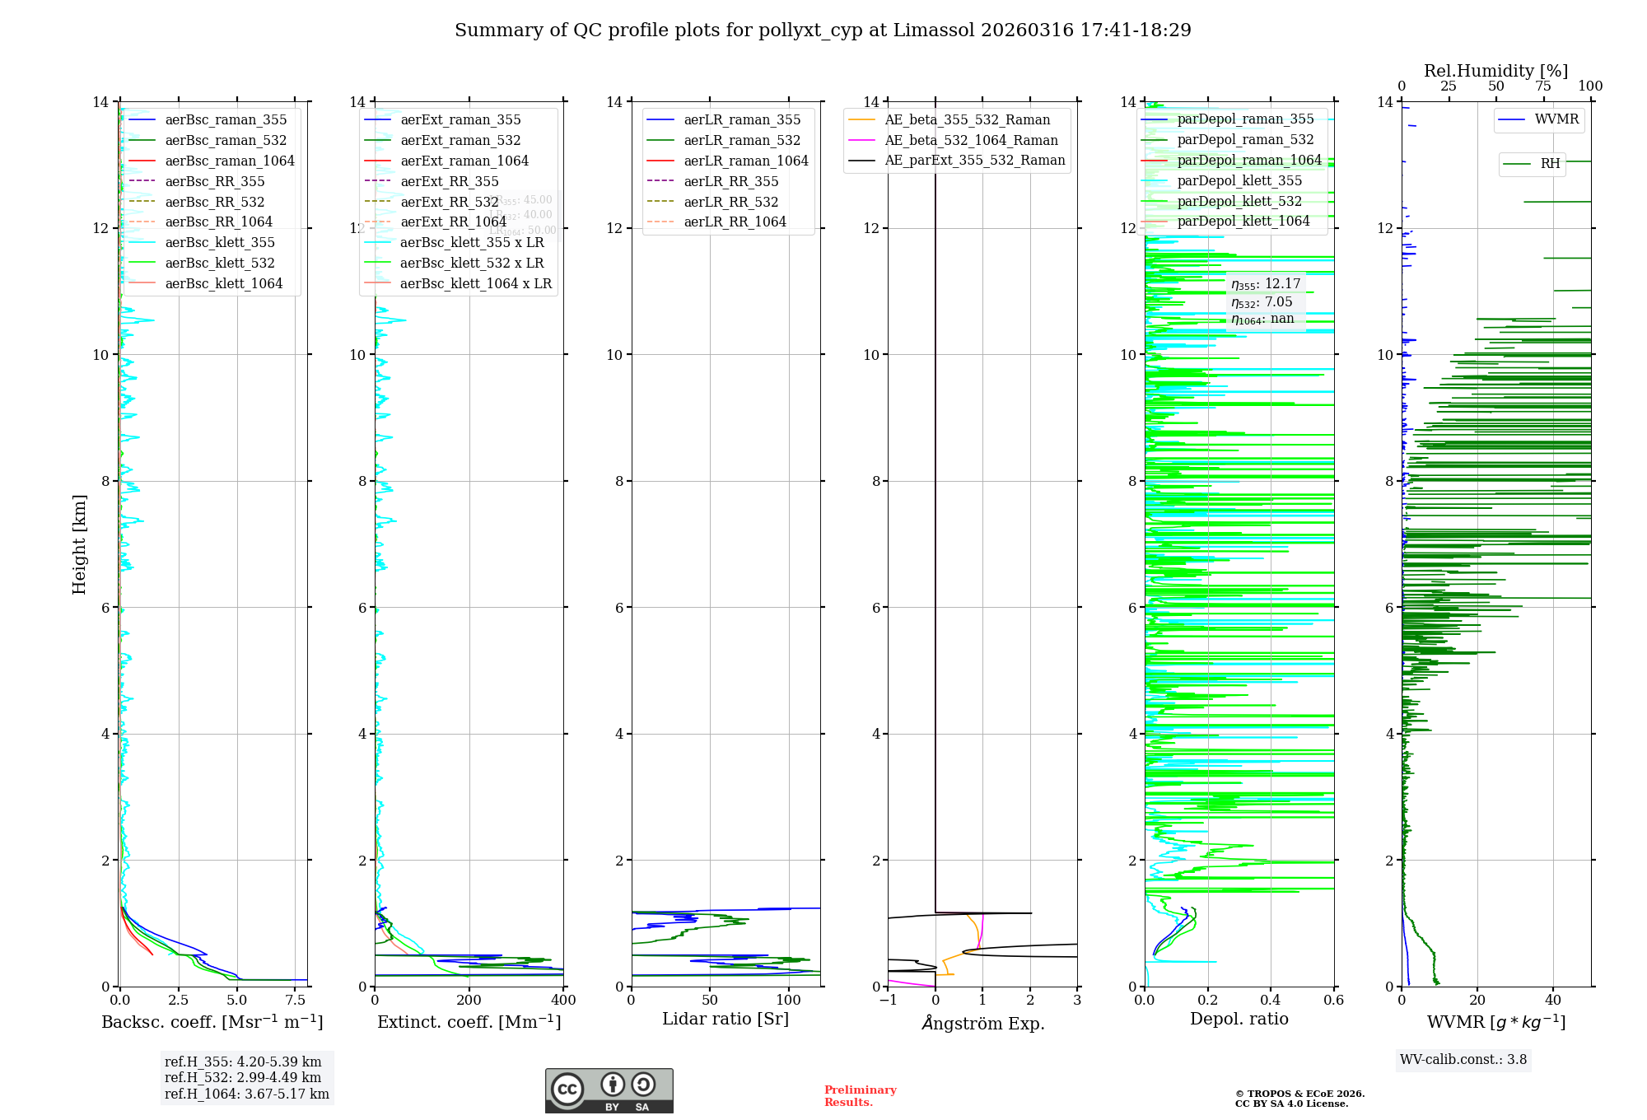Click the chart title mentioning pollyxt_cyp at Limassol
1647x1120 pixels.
click(x=823, y=30)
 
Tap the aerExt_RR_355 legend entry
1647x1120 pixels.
click(x=449, y=181)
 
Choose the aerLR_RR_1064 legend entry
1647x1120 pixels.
click(x=735, y=222)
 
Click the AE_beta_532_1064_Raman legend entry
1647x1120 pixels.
click(x=971, y=140)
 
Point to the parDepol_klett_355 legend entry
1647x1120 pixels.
click(x=1239, y=180)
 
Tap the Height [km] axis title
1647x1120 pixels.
click(x=79, y=544)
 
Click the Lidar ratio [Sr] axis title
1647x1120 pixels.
click(x=726, y=1019)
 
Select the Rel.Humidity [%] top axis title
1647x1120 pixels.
click(x=1495, y=71)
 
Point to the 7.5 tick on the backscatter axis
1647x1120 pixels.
click(x=296, y=1001)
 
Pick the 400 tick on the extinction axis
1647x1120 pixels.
click(x=563, y=1001)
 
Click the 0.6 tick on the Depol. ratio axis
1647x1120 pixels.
click(x=1333, y=1001)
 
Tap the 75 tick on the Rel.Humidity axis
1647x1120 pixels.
click(x=1543, y=86)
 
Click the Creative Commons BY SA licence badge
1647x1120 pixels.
click(x=609, y=1090)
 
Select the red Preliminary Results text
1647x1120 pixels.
click(x=860, y=1096)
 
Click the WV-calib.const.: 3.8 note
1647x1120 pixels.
click(x=1463, y=1060)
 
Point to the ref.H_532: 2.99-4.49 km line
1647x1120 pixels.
click(x=243, y=1078)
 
